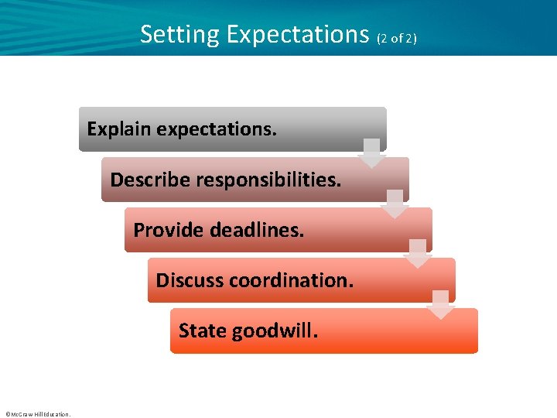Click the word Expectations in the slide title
298,35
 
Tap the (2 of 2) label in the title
397,38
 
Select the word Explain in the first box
119,129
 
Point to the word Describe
150,180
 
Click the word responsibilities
268,180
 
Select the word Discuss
190,280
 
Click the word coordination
291,280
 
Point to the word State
203,331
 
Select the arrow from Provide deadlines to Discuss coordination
418,254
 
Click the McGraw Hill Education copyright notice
37,414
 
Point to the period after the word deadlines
302,235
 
